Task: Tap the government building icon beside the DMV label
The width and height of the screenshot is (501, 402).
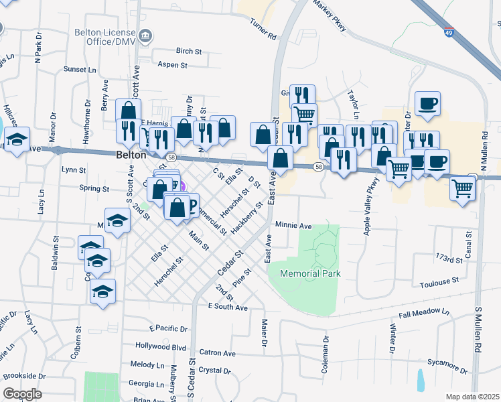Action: [145, 36]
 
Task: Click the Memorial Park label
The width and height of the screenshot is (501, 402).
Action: [310, 273]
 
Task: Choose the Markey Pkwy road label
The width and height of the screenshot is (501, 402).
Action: [330, 18]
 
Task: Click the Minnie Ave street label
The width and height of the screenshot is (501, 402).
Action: [293, 226]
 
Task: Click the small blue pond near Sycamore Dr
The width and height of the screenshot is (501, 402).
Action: [420, 380]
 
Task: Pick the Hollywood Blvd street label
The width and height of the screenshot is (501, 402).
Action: [160, 346]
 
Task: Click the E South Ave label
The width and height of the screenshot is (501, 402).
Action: [228, 306]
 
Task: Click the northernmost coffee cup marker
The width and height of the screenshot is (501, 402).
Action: [427, 104]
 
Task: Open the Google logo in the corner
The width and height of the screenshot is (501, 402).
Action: [22, 394]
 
